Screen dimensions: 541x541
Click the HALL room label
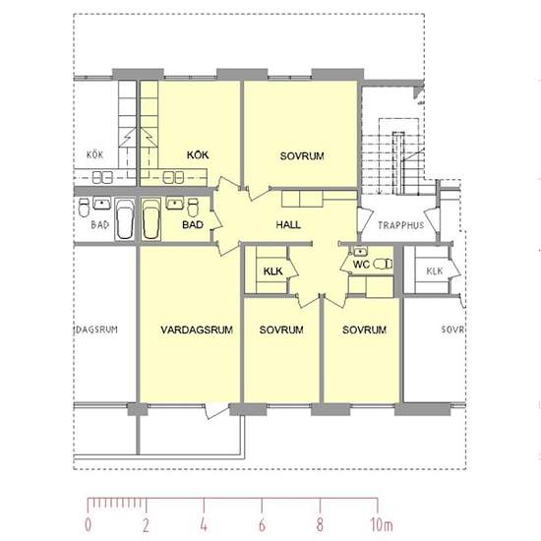[288, 225]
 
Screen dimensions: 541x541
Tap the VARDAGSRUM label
[197, 330]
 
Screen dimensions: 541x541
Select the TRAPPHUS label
[400, 225]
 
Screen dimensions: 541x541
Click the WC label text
[361, 265]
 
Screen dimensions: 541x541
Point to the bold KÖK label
[198, 154]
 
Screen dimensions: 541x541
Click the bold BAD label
[193, 225]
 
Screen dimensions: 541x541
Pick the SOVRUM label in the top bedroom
[302, 156]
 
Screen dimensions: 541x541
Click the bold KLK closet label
[272, 271]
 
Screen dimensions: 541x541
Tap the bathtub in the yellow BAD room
[150, 219]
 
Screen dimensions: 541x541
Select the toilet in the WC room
[383, 264]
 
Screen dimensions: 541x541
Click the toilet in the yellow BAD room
[193, 207]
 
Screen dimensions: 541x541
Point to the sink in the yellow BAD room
[175, 204]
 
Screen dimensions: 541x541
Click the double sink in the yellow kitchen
[173, 177]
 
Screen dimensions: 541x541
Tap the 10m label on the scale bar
[382, 525]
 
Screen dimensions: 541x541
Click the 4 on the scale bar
[204, 525]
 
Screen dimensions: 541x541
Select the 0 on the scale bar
[89, 525]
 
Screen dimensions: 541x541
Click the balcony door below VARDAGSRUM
[216, 411]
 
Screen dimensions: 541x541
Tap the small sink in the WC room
[360, 252]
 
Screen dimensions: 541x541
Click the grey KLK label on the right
[435, 271]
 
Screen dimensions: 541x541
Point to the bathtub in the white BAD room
[124, 219]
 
